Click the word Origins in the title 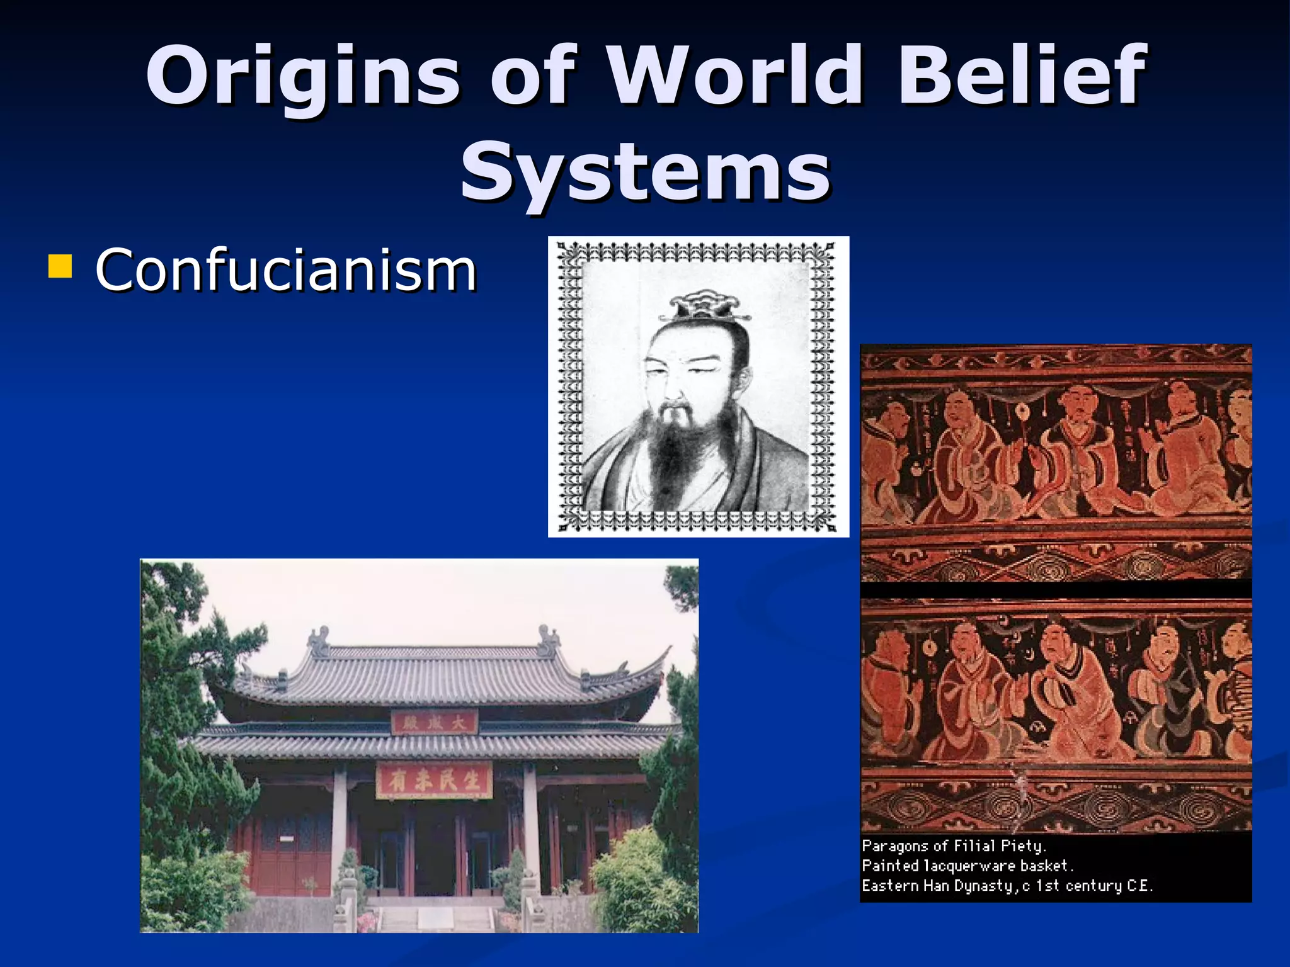(302, 76)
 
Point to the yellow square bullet (60, 266)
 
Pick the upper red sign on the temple (434, 723)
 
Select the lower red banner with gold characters (434, 781)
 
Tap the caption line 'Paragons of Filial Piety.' (954, 846)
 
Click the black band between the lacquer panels (1056, 589)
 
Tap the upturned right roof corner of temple (661, 655)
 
